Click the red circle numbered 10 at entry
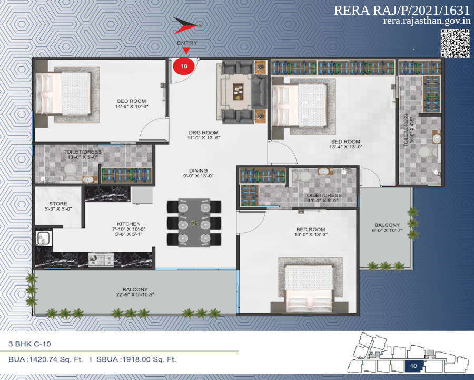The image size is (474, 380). tap(184, 66)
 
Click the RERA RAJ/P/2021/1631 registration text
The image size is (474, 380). tap(402, 11)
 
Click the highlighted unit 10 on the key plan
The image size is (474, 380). tap(413, 365)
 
